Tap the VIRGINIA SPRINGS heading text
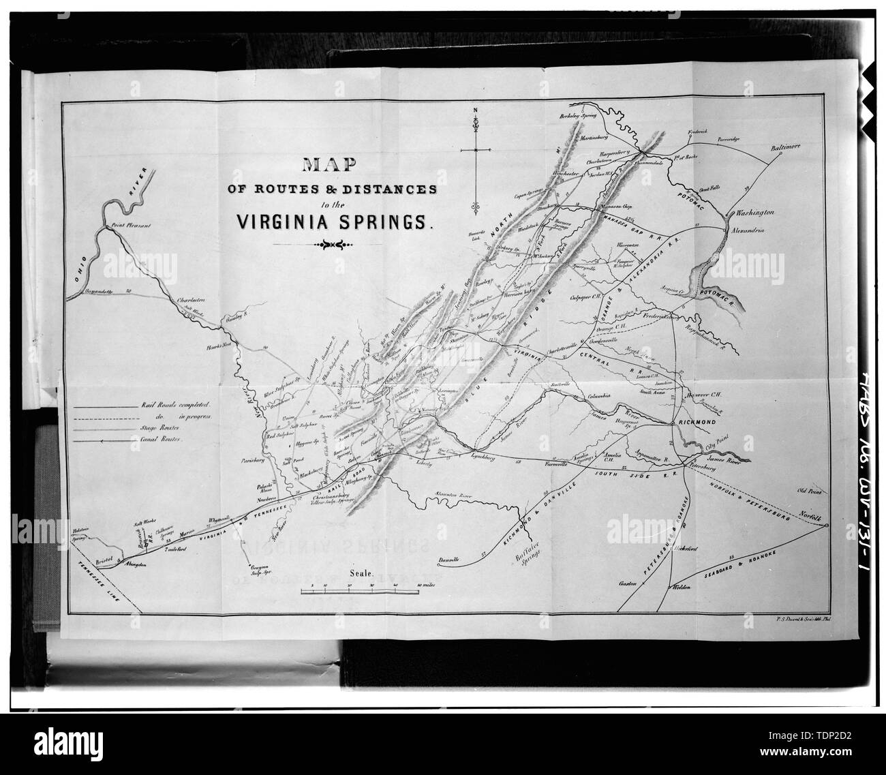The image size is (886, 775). (331, 222)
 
